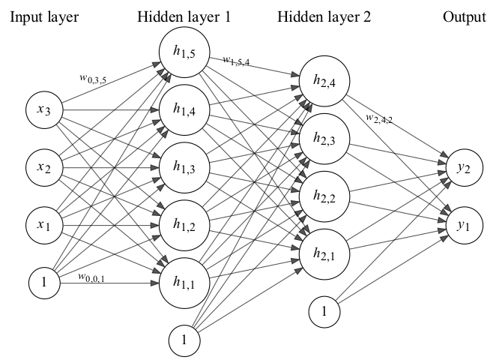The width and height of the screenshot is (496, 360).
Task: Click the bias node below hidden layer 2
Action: pyautogui.click(x=324, y=310)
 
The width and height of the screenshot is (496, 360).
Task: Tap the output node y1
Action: pyautogui.click(x=465, y=226)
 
